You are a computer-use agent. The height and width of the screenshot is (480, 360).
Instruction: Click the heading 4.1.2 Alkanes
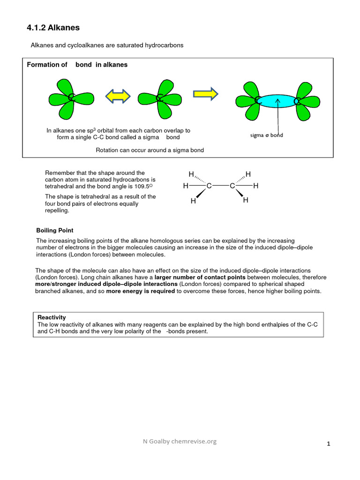tap(53, 28)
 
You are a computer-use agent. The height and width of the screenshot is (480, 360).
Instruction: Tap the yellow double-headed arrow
tap(117, 96)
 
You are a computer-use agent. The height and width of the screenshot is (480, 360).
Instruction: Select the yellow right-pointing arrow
tap(206, 93)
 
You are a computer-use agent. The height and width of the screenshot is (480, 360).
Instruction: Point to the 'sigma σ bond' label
tap(267, 135)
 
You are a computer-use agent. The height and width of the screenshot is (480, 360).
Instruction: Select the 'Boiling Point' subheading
tap(55, 231)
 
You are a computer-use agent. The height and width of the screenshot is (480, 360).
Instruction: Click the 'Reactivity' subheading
tap(52, 317)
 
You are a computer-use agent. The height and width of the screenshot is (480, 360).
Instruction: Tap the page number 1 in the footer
tap(329, 444)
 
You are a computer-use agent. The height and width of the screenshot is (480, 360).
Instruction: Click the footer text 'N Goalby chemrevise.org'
tap(180, 441)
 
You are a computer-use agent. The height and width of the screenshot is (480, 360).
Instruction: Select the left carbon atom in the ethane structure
tap(209, 186)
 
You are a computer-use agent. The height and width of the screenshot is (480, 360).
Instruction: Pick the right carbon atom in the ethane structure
tap(232, 186)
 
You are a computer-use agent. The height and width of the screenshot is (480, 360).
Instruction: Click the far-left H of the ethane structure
tap(186, 186)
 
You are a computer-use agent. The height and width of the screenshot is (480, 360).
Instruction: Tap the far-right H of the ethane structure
tap(255, 186)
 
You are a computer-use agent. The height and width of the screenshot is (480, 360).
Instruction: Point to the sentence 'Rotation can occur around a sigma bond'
tap(150, 150)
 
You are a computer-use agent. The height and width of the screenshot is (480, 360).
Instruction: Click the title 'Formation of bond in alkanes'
tap(77, 65)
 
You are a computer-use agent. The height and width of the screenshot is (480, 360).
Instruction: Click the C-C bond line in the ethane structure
tap(220, 186)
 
